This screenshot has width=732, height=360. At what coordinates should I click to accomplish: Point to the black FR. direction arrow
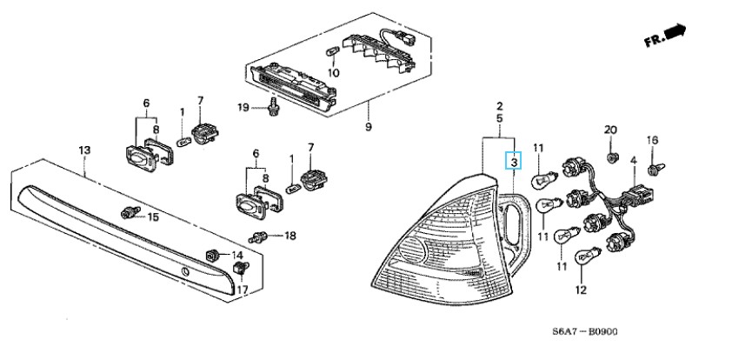coord(674,33)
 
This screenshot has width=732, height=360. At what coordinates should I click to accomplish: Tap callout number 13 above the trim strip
coord(84,150)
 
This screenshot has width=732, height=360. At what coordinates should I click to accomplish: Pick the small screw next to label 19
coord(274,109)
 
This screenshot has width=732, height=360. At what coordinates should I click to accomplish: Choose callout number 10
coord(334,73)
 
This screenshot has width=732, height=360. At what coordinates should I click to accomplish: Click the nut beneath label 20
coord(610,157)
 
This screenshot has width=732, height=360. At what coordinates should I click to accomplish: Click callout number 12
coord(579,290)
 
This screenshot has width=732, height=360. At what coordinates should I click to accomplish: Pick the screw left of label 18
coord(257,237)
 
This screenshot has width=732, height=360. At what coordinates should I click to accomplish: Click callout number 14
coord(235,254)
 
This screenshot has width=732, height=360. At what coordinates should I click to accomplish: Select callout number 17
coord(243,290)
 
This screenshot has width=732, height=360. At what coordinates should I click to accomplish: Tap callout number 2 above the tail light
coord(500,105)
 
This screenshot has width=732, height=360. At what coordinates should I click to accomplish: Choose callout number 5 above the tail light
coord(500,117)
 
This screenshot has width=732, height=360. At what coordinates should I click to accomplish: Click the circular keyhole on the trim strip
coord(185,274)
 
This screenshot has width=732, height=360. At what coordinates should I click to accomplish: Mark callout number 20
coord(610,130)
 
